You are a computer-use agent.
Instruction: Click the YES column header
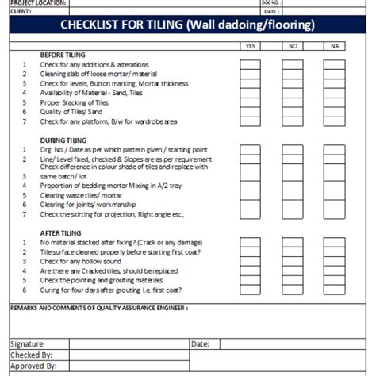click(251, 46)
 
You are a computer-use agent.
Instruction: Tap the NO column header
click(292, 46)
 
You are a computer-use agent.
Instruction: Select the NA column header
click(334, 46)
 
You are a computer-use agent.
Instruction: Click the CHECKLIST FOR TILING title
click(188, 25)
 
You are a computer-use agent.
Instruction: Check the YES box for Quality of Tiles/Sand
click(251, 112)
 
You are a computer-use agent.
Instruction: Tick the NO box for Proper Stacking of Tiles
click(292, 102)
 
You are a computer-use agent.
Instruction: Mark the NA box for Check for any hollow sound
click(334, 261)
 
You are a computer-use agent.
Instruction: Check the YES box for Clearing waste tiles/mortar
click(251, 195)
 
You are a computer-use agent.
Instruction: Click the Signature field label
click(29, 344)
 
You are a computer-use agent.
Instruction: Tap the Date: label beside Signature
click(201, 344)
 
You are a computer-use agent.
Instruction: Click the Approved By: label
click(34, 366)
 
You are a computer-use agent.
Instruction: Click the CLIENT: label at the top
click(21, 12)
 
